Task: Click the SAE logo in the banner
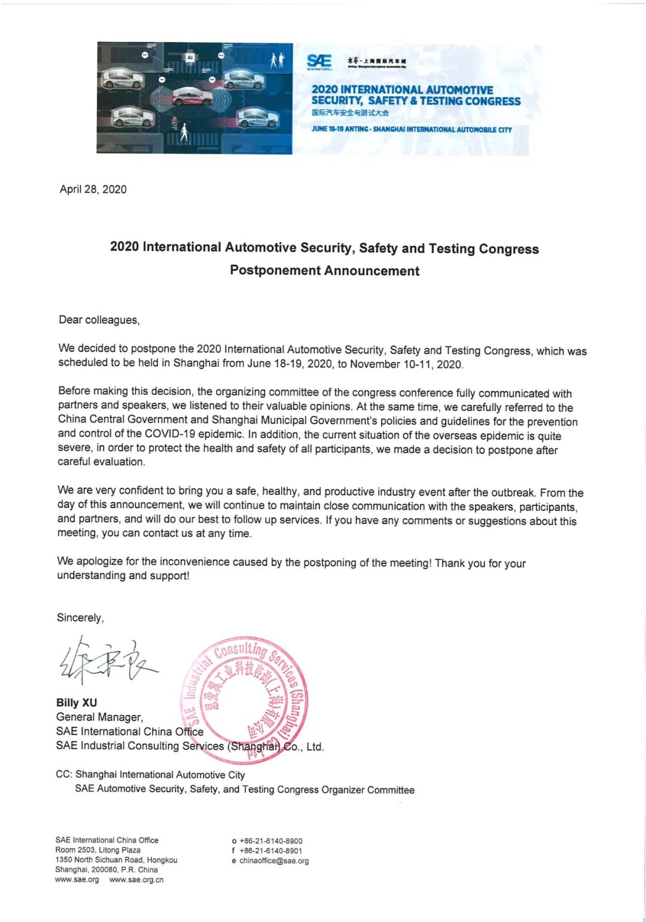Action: [x=319, y=61]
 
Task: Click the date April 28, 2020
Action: [x=93, y=189]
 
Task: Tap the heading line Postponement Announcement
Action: [x=324, y=270]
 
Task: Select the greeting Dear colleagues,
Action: [x=99, y=319]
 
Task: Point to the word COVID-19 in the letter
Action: [x=170, y=433]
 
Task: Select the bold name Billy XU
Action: [x=77, y=702]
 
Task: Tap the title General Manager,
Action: [x=99, y=717]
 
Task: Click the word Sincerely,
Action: [x=80, y=617]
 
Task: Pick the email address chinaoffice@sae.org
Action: [x=274, y=860]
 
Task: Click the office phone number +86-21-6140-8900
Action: [x=271, y=841]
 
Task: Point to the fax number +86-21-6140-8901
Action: [x=271, y=850]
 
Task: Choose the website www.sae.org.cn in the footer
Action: [x=136, y=880]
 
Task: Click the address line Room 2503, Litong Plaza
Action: [x=97, y=850]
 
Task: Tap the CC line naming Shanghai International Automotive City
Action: [x=150, y=774]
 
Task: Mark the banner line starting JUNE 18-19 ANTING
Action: [x=412, y=129]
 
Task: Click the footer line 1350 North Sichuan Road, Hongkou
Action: [x=116, y=860]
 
